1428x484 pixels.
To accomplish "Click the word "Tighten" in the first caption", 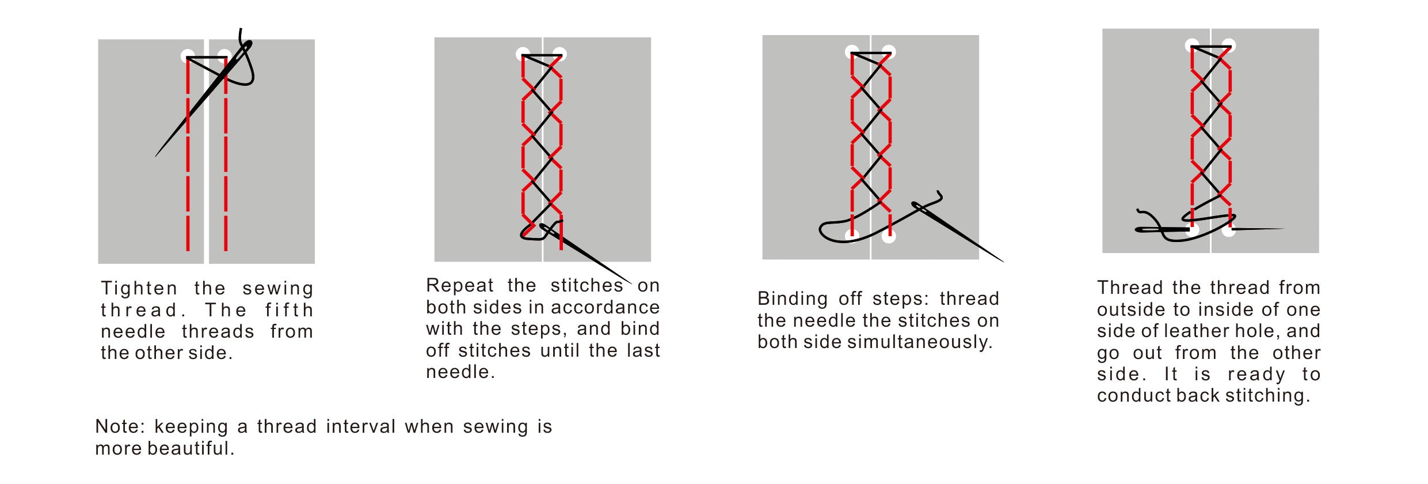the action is (139, 288).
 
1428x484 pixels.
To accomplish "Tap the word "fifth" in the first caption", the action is (289, 310).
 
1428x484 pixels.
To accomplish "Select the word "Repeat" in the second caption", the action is (460, 285).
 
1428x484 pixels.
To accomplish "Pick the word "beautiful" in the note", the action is (191, 448).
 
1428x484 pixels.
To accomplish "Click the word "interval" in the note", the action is (361, 426).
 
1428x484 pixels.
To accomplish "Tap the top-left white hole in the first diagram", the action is (188, 56).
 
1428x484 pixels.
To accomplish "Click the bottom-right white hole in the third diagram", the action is (889, 236).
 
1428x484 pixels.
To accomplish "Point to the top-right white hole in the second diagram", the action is (559, 55).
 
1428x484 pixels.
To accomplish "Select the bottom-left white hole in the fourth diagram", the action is (1192, 229).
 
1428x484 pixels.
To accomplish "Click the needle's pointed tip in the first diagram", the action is (155, 156).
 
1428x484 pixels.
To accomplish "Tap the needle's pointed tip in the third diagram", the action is (1004, 262).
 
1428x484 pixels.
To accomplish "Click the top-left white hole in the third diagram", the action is (852, 52).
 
